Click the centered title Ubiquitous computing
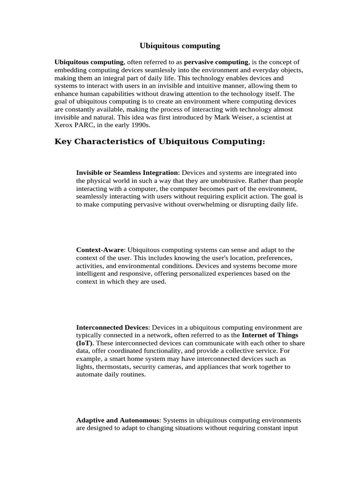tap(180, 46)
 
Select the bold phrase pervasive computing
tap(216, 62)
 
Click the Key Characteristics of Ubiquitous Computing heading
tap(160, 142)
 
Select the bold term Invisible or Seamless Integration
tap(127, 173)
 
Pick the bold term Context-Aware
tap(100, 250)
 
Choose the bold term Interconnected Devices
tap(112, 327)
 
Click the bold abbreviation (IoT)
tap(84, 343)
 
